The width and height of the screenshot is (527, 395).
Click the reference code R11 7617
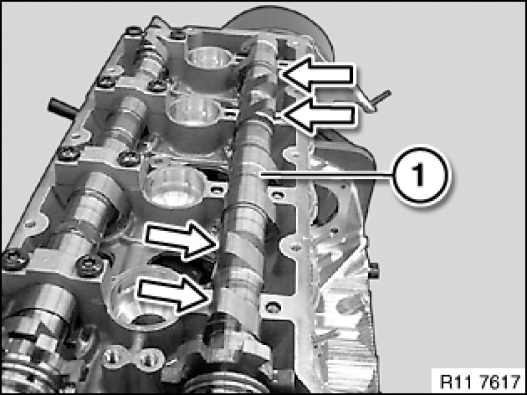[480, 382]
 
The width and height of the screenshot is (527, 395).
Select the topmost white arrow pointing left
[317, 74]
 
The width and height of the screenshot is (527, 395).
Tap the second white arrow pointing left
[318, 116]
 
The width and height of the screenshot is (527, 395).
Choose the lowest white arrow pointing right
[175, 293]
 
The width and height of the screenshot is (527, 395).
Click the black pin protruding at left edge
[63, 106]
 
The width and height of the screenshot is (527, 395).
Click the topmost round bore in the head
[209, 58]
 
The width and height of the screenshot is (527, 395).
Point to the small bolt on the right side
[374, 271]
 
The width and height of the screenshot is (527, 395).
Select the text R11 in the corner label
[453, 382]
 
